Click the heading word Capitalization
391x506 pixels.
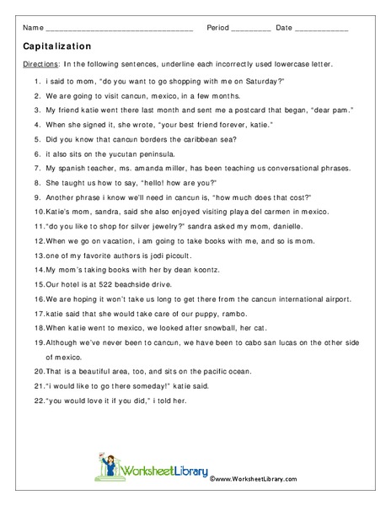point(58,48)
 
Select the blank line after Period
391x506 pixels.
point(250,30)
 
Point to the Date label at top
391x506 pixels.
point(284,28)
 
